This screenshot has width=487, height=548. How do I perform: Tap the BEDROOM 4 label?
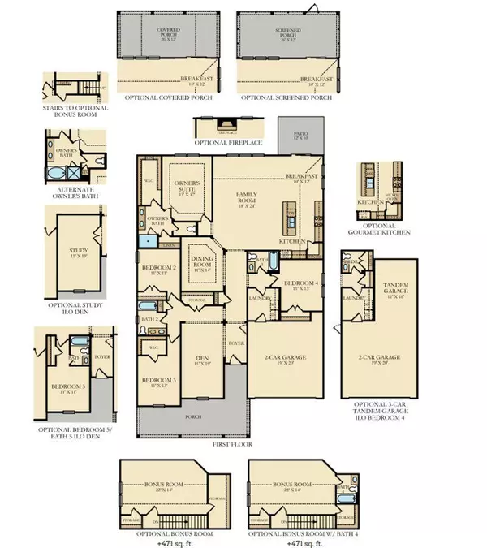pos(301,284)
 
